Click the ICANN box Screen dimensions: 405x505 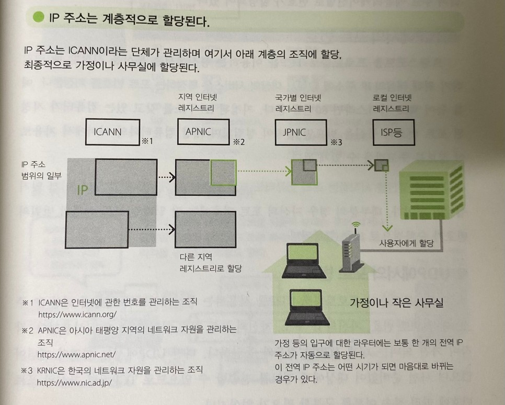[x=108, y=131]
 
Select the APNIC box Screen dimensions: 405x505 [x=198, y=131]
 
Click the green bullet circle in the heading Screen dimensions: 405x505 [x=38, y=21]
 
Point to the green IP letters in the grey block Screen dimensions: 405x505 [x=83, y=190]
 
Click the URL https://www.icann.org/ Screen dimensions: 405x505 [x=77, y=315]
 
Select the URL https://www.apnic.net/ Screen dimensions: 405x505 [x=76, y=354]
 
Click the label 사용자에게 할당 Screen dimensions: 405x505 [x=405, y=243]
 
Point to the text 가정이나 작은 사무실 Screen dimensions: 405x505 [x=397, y=302]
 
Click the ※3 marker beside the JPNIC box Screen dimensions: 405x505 [x=336, y=141]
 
